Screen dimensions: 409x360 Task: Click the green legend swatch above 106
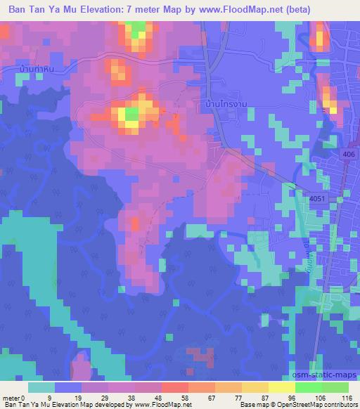coord(308,387)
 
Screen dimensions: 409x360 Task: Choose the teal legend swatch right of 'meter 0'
coord(41,387)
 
